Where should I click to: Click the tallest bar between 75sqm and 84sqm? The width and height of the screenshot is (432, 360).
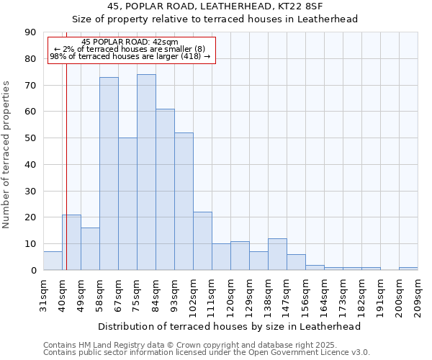tap(146, 172)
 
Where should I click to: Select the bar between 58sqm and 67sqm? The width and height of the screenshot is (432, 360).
tap(109, 174)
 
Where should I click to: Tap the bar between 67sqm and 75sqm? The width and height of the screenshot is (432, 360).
tap(127, 204)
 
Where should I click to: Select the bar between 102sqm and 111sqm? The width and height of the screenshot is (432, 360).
tap(202, 241)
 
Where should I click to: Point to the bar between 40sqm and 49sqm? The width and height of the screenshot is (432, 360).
tap(71, 243)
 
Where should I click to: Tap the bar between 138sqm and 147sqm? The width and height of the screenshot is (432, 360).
tap(277, 254)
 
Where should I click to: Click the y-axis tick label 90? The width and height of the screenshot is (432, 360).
tap(30, 32)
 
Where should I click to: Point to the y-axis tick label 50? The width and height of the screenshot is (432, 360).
tap(30, 138)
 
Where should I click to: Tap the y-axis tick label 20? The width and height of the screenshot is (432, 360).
tap(30, 217)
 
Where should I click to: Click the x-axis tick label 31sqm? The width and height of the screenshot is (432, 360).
tap(44, 294)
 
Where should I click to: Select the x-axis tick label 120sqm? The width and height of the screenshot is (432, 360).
tap(231, 296)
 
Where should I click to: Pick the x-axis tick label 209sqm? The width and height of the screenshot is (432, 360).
tap(418, 296)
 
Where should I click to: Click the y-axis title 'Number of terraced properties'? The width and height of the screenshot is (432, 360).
tap(6, 155)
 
